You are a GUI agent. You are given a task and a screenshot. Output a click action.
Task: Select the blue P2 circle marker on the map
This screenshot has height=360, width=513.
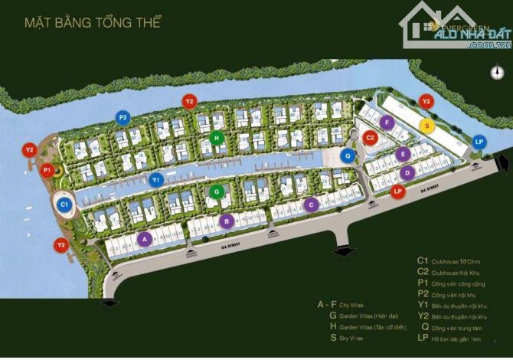123,117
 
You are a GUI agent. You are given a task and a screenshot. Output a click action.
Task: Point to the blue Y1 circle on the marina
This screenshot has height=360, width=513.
156,181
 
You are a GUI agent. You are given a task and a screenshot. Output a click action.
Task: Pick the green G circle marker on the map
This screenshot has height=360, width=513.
217,191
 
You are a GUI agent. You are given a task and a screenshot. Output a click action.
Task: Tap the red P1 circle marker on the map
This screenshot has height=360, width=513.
47,170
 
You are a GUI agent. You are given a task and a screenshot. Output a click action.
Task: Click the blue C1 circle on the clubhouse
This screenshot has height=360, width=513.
65,205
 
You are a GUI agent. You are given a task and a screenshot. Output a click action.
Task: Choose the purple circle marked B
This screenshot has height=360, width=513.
226,221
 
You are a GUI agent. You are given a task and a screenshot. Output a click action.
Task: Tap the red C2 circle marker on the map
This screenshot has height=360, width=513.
371,138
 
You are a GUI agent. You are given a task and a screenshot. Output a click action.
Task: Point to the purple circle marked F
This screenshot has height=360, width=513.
388,123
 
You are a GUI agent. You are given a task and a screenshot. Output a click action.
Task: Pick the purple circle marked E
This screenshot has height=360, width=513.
401,154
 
